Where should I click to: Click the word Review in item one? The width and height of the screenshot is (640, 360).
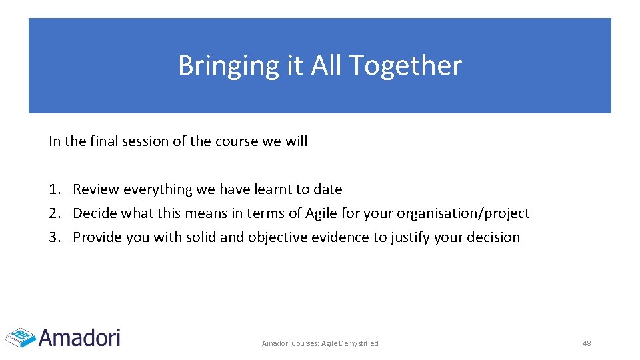pyautogui.click(x=95, y=189)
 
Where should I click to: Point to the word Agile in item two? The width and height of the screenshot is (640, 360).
pyautogui.click(x=323, y=213)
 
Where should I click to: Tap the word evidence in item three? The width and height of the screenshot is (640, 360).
pyautogui.click(x=349, y=237)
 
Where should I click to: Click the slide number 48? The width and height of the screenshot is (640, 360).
pyautogui.click(x=587, y=343)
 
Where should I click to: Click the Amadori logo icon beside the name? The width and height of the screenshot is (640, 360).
pyautogui.click(x=20, y=337)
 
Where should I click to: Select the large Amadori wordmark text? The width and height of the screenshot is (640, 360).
pyautogui.click(x=79, y=337)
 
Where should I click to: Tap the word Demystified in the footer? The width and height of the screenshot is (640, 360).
pyautogui.click(x=359, y=343)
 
